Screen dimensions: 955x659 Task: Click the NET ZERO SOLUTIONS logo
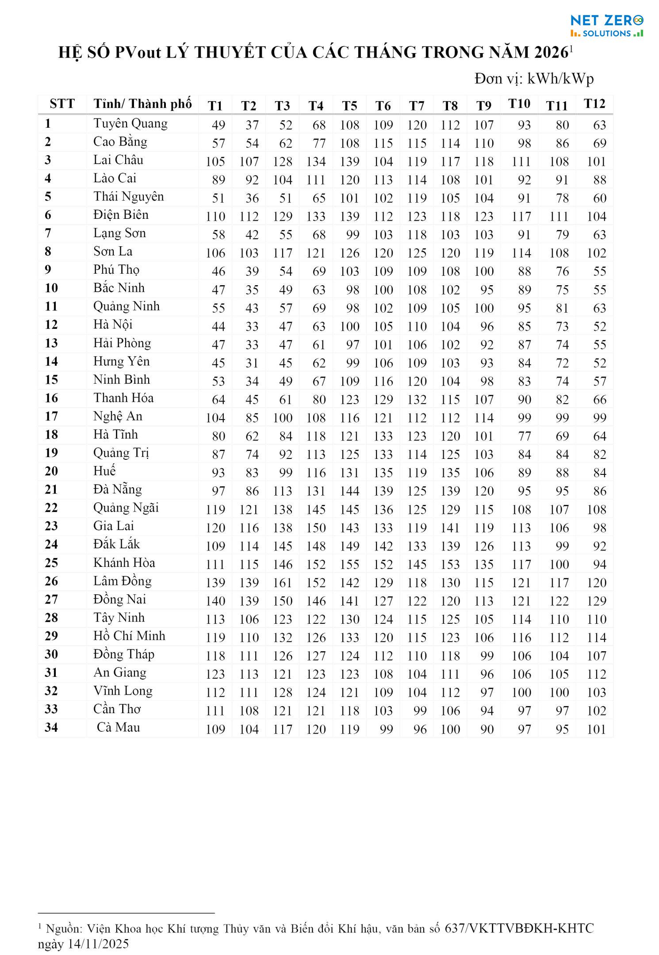[x=606, y=26]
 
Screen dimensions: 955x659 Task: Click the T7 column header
[x=417, y=106]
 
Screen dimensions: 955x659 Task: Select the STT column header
[x=62, y=104]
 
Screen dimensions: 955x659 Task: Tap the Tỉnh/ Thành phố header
[x=142, y=104]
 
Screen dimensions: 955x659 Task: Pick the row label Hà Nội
[x=113, y=325]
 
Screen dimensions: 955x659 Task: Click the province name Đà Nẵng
[x=118, y=489]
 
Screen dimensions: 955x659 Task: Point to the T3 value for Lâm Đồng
[x=283, y=583]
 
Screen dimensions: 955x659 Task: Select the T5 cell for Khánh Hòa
[x=349, y=565]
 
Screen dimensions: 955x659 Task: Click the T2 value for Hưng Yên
[x=252, y=363]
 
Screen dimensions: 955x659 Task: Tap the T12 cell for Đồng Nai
[x=596, y=601]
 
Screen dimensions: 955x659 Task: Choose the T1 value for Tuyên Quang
[x=218, y=125]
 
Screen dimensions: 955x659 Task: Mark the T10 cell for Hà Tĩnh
[x=524, y=436]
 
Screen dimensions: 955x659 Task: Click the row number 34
[x=51, y=727]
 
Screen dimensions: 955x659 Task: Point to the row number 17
[x=51, y=416]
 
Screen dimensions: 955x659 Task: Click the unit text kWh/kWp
[x=560, y=79]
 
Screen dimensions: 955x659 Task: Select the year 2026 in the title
[x=551, y=53]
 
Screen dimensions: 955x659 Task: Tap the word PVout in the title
[x=138, y=53]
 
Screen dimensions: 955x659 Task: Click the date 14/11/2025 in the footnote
[x=98, y=944]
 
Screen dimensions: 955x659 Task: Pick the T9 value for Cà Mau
[x=487, y=730]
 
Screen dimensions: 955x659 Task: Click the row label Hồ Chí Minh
[x=129, y=636]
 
